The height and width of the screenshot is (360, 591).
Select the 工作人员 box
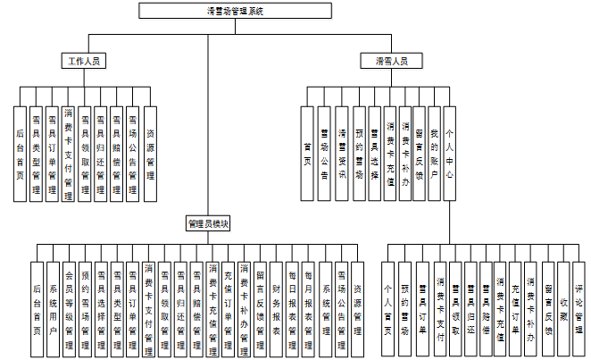[x=84, y=62]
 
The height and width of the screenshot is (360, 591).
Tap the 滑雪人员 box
[x=391, y=62]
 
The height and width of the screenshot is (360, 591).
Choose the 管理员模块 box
[x=208, y=222]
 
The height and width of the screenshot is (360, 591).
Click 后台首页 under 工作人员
[x=20, y=152]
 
